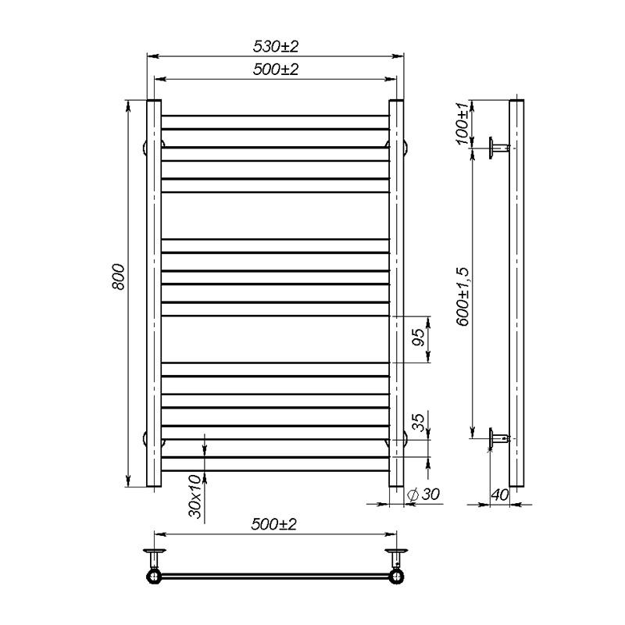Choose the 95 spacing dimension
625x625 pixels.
pos(419,338)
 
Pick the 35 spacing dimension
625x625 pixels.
pos(419,423)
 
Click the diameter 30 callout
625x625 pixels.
pos(425,494)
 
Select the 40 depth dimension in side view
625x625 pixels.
pos(500,494)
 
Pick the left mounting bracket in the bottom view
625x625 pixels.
pos(154,559)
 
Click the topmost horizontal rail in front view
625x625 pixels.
pos(275,116)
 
